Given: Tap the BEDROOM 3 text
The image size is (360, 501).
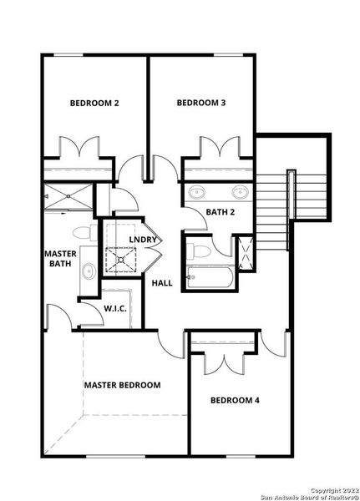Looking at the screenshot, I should point(201,103).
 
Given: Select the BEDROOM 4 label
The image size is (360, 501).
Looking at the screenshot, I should point(233,401).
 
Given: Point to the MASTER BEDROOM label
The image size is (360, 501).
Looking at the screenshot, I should point(122,385).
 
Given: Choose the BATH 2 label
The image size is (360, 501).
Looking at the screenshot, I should point(220,212).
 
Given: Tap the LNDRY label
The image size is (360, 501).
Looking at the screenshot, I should point(142,240).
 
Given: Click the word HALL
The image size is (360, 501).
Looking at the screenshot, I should point(162,283).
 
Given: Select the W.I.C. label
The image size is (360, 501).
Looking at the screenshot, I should point(114,308).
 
